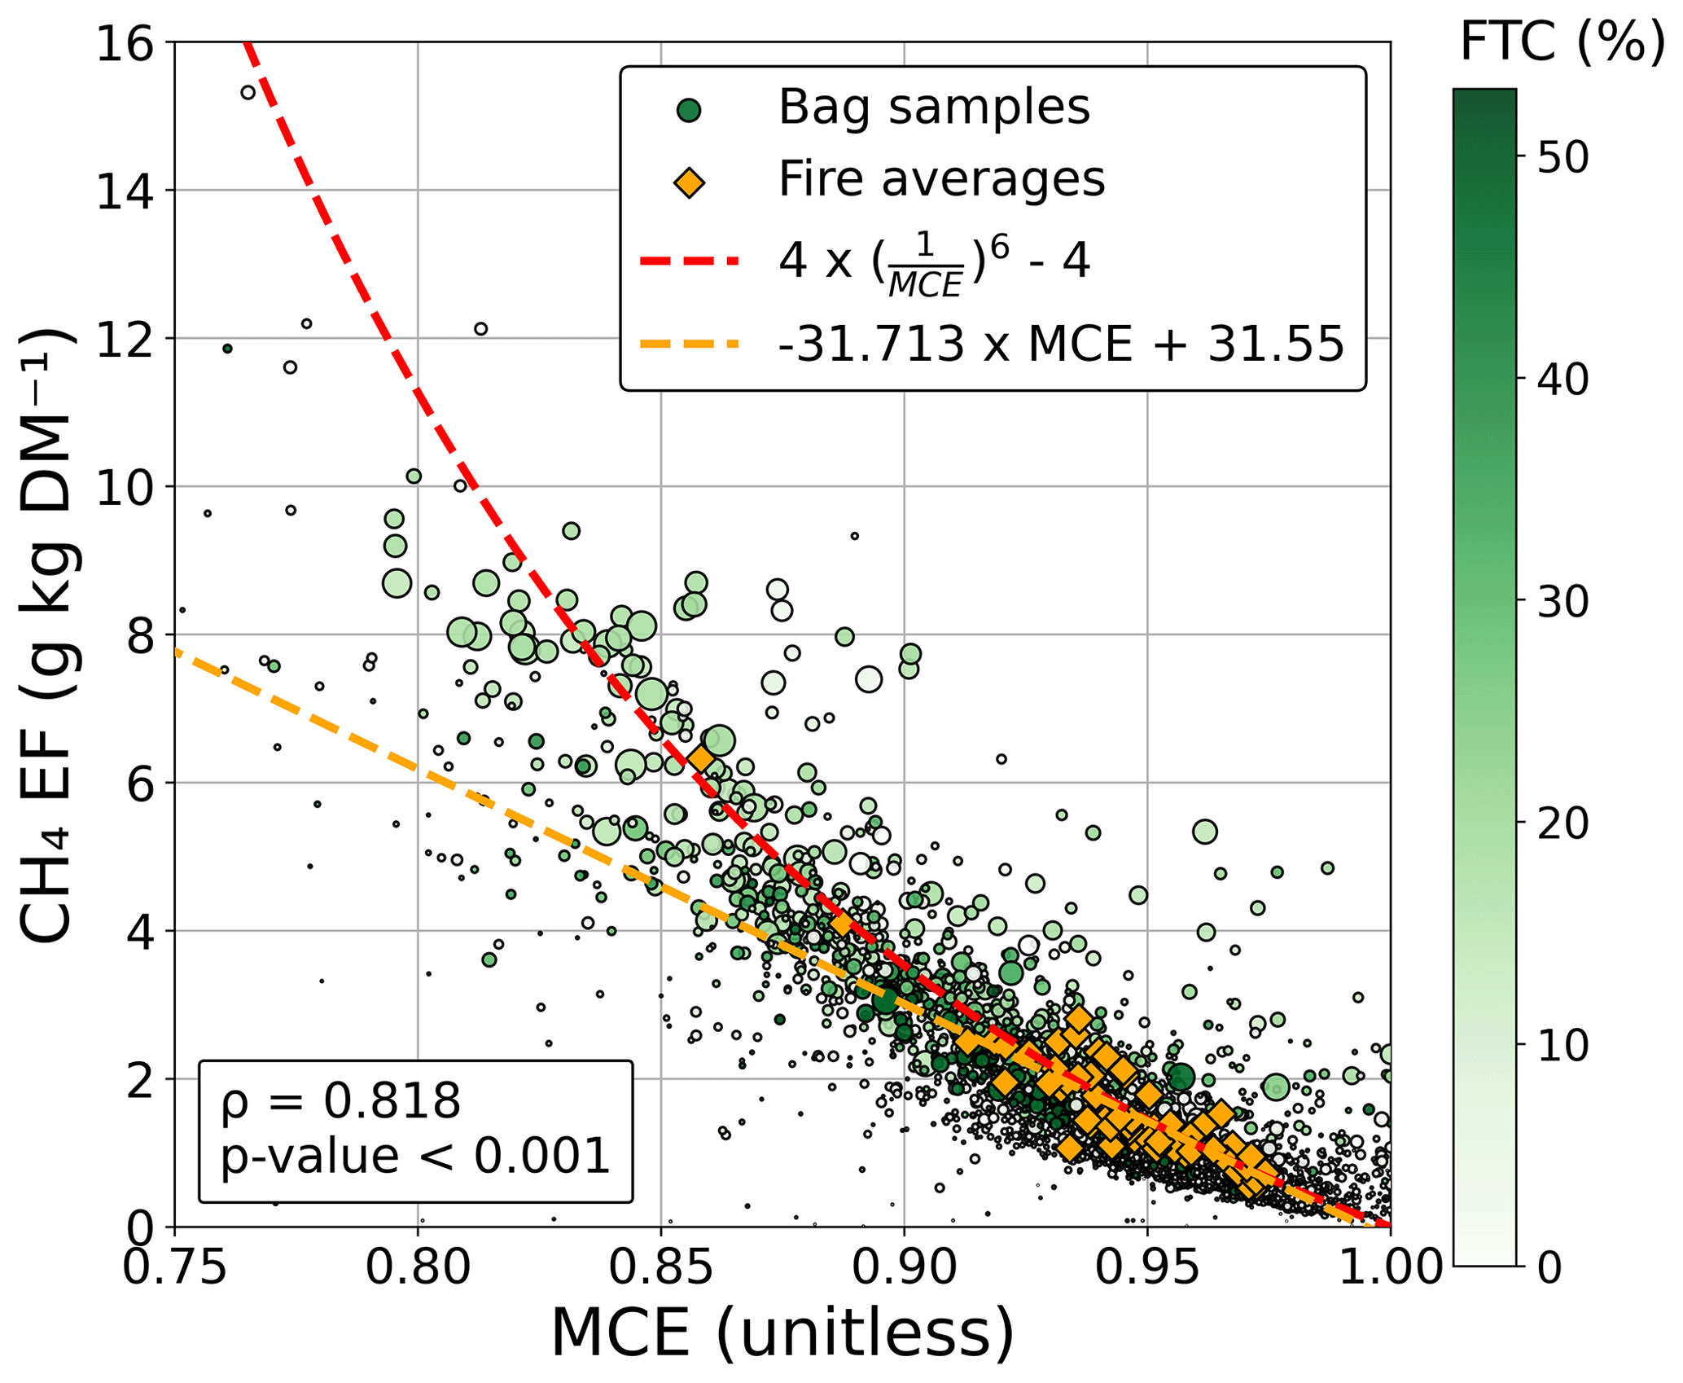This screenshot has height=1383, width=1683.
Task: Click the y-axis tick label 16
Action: [x=125, y=43]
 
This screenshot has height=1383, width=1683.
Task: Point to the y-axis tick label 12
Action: [x=125, y=339]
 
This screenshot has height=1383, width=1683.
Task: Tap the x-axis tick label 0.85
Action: [x=660, y=1267]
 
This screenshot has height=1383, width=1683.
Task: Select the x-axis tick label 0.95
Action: [x=1147, y=1267]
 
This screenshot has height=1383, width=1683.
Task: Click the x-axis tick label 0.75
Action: [x=174, y=1267]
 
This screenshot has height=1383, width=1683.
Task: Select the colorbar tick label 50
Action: [x=1562, y=157]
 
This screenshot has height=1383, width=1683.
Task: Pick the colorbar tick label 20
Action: [x=1562, y=823]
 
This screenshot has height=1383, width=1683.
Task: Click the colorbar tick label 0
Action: [x=1549, y=1267]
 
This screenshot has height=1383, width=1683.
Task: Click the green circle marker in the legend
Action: [x=689, y=110]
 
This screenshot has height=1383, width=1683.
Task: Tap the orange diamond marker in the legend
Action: [x=689, y=182]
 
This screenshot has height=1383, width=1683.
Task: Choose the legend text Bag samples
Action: [x=934, y=107]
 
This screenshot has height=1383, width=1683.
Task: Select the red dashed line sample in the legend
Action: [x=689, y=261]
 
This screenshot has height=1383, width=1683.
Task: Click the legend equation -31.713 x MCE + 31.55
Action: [x=1061, y=344]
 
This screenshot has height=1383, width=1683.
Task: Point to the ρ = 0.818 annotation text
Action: [x=340, y=1100]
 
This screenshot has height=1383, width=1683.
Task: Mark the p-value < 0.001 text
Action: [x=415, y=1156]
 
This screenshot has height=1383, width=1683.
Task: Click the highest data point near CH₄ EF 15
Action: [x=248, y=92]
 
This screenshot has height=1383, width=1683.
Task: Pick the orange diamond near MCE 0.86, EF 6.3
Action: [x=701, y=758]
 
